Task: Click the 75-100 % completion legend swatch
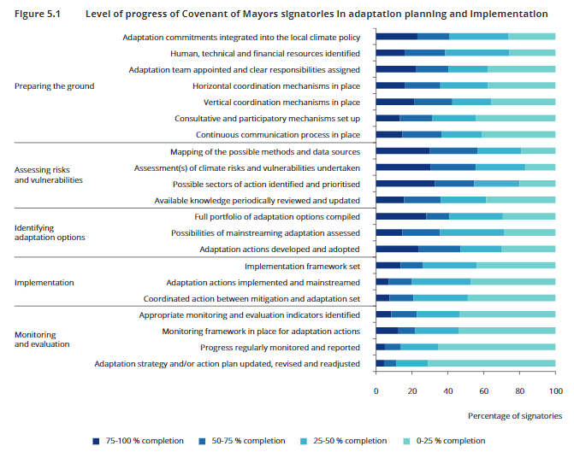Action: point(96,441)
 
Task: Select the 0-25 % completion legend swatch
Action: point(407,441)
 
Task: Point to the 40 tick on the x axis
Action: point(448,390)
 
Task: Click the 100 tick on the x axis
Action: point(555,390)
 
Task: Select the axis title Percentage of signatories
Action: point(515,416)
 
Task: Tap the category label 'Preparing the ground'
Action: point(55,86)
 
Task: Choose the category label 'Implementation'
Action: point(44,282)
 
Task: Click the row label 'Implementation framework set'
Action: point(302,266)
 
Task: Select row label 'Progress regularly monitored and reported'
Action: point(280,348)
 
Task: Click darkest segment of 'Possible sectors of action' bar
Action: point(405,184)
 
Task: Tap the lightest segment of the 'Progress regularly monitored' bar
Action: point(496,348)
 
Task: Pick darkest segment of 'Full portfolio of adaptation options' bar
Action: point(400,217)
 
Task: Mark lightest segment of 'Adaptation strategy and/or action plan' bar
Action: point(491,364)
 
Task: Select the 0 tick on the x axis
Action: point(376,390)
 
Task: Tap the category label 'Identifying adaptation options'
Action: point(50,232)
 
